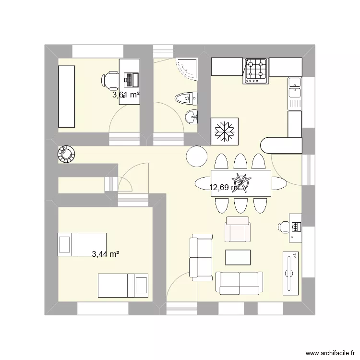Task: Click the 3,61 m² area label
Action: click(126, 95)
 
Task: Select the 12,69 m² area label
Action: click(225, 187)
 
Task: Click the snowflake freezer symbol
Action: click(224, 131)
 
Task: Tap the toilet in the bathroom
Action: click(187, 98)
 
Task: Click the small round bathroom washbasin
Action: click(191, 116)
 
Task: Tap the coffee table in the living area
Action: click(238, 257)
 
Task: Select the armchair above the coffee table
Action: click(238, 229)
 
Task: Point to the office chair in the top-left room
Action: click(111, 80)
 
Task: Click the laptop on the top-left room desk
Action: click(131, 78)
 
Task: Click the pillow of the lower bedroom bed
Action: click(141, 286)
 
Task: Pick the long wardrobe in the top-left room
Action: click(67, 96)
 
